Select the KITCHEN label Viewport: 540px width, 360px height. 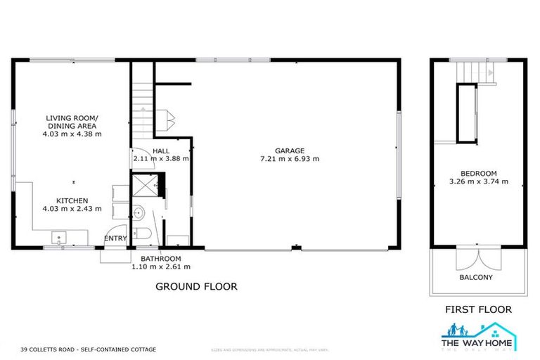click(x=72, y=200)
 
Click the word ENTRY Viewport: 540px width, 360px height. click(x=116, y=238)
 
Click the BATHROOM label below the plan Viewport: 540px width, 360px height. click(x=160, y=259)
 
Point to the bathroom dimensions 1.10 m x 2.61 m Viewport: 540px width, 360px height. click(x=160, y=266)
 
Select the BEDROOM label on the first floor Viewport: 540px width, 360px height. click(x=478, y=174)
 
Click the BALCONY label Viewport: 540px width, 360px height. click(x=476, y=277)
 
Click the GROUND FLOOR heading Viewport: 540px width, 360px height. click(x=195, y=287)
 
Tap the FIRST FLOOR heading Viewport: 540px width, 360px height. click(x=478, y=309)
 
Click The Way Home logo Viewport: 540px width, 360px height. click(x=478, y=336)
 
